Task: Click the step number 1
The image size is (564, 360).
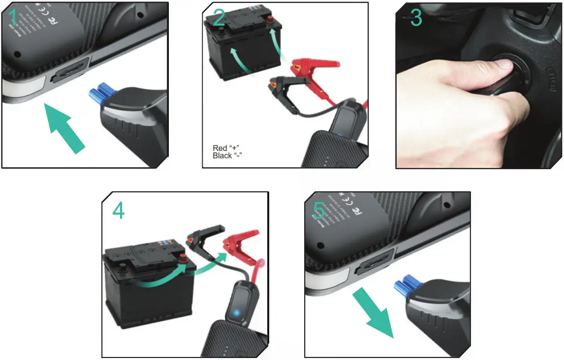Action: click(x=13, y=18)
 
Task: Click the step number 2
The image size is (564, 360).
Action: click(x=219, y=18)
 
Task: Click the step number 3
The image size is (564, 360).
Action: click(x=416, y=18)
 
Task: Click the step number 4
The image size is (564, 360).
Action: click(x=118, y=210)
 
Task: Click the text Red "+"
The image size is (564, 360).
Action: click(x=226, y=148)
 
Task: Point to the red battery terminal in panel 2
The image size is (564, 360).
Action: click(x=270, y=20)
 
